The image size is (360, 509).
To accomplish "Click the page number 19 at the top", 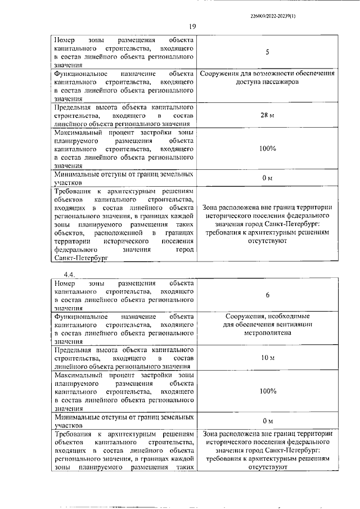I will point(192,27).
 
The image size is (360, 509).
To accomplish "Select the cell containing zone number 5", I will point(267,52).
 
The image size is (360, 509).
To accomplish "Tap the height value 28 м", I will point(267,115).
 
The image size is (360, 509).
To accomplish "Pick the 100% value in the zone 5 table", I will point(267,148).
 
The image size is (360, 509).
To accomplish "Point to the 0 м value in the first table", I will point(267,178).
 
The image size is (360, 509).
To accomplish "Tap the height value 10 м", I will point(267,358).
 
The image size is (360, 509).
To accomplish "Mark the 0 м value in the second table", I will point(267,421).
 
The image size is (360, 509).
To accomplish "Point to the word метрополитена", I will point(267,333).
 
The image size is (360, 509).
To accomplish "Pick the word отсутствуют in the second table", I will point(267,467).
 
